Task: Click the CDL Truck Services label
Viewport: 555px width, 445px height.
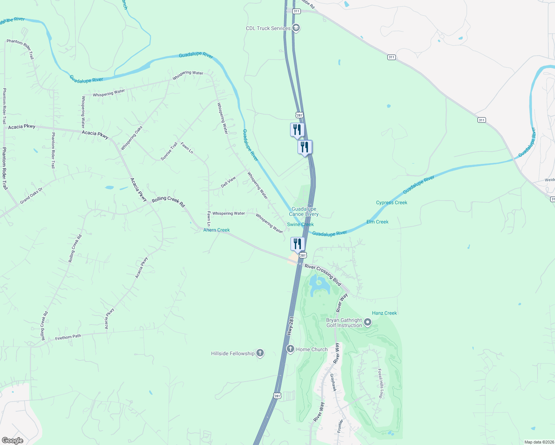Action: coord(268,28)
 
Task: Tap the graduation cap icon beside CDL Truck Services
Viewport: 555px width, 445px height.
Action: coord(296,28)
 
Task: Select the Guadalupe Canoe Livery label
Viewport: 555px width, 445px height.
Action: coord(304,212)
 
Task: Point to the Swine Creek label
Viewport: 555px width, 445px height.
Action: coord(300,224)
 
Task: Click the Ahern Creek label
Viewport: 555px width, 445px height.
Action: coord(216,230)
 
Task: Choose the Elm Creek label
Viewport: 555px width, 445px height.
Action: coord(377,222)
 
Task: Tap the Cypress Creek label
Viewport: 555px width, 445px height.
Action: coord(391,202)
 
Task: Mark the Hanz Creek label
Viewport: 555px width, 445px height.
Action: coord(384,313)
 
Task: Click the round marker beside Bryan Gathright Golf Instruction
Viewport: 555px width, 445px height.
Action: coord(368,322)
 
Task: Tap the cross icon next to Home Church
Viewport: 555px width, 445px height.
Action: coord(290,349)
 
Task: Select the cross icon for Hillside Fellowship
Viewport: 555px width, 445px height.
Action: coord(260,353)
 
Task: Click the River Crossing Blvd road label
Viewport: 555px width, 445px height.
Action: coord(323,274)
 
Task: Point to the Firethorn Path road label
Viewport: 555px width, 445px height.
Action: coord(68,337)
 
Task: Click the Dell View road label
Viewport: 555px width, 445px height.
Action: coord(228,182)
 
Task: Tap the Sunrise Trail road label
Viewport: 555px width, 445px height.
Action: coord(169,151)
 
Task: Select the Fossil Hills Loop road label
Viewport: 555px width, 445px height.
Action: coord(380,383)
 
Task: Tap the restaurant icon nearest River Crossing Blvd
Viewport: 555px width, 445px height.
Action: coord(297,244)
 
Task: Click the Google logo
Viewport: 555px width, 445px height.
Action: coord(12,440)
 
